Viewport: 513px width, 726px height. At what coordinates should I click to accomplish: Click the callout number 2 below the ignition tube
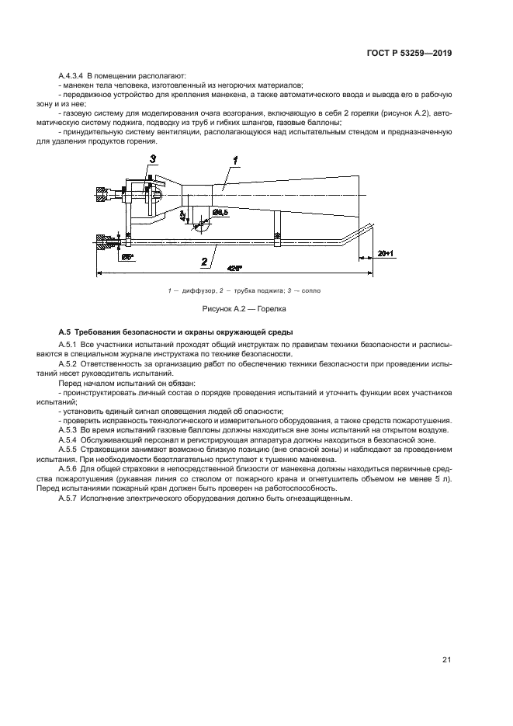204,262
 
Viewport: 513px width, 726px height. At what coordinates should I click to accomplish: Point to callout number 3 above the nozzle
153,159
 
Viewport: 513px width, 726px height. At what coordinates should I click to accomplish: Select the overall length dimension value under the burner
235,268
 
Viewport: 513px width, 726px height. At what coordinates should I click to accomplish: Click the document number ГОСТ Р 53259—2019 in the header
410,54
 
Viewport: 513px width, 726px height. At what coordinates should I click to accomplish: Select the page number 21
446,660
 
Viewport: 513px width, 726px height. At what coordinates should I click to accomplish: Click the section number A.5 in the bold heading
68,332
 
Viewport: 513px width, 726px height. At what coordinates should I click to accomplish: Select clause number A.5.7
70,498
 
